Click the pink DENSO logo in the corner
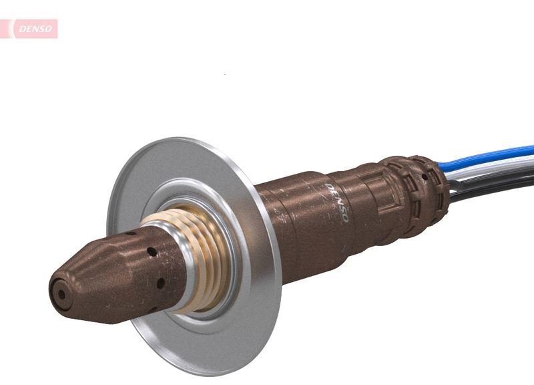(x=33, y=29)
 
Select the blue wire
(x=494, y=155)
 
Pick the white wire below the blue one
(x=494, y=169)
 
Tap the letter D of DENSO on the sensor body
(x=329, y=186)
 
